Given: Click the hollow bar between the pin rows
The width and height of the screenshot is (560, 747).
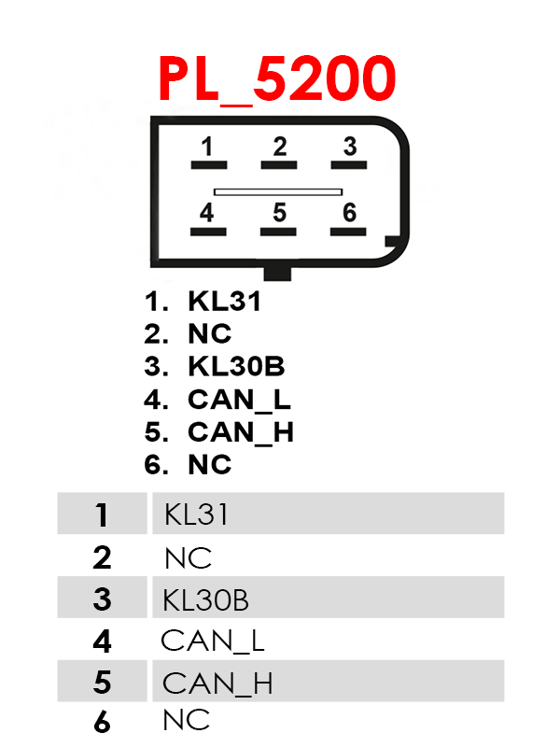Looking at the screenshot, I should pyautogui.click(x=278, y=191).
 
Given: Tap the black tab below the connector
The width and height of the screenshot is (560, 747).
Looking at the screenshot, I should pyautogui.click(x=278, y=273).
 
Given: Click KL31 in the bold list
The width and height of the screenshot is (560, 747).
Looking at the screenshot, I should pyautogui.click(x=224, y=302).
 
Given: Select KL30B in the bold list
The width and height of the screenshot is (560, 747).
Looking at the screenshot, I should pyautogui.click(x=236, y=367).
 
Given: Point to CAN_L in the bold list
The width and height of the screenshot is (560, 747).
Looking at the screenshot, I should pyautogui.click(x=239, y=401).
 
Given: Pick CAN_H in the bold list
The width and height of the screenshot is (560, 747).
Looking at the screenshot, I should pyautogui.click(x=241, y=433).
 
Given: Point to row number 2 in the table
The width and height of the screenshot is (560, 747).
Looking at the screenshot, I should pyautogui.click(x=102, y=557).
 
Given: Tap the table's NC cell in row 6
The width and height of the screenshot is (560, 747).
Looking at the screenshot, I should pyautogui.click(x=187, y=721).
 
